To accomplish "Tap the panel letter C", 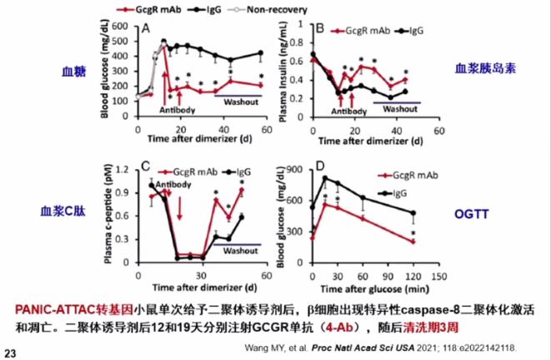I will click(x=145, y=165).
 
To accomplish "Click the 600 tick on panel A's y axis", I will click(x=123, y=24).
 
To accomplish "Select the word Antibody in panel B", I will click(x=349, y=111).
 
